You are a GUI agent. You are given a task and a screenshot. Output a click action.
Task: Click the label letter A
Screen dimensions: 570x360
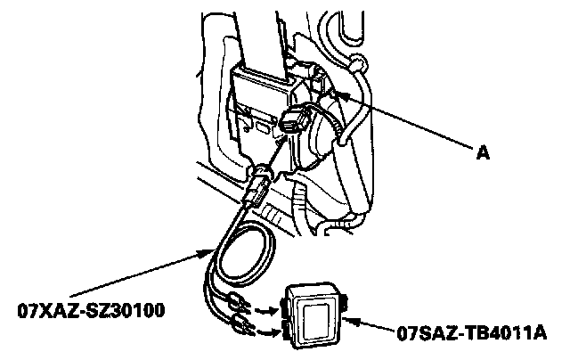pyautogui.click(x=483, y=153)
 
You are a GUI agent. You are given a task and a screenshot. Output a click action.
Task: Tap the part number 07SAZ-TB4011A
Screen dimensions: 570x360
pyautogui.click(x=473, y=338)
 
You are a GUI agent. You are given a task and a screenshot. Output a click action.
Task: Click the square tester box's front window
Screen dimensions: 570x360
pyautogui.click(x=316, y=316)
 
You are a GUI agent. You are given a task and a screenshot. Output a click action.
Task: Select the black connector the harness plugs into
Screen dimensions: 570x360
pyautogui.click(x=295, y=124)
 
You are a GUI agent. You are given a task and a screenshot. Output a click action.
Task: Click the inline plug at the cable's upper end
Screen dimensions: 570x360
pyautogui.click(x=257, y=186)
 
